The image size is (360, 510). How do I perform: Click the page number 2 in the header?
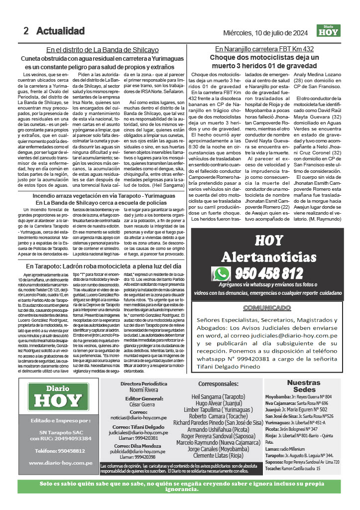(x=26, y=31)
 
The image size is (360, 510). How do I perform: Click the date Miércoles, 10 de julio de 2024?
(x=267, y=33)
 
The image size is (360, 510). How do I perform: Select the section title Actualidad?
(x=60, y=31)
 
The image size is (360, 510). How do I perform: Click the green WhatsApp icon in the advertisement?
(x=221, y=273)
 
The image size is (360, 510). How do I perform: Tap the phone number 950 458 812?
(x=269, y=273)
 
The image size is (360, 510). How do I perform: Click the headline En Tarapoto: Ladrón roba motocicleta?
(x=103, y=266)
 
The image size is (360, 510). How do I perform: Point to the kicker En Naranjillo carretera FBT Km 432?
(x=264, y=49)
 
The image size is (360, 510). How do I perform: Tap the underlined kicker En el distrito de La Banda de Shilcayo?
(x=103, y=50)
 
